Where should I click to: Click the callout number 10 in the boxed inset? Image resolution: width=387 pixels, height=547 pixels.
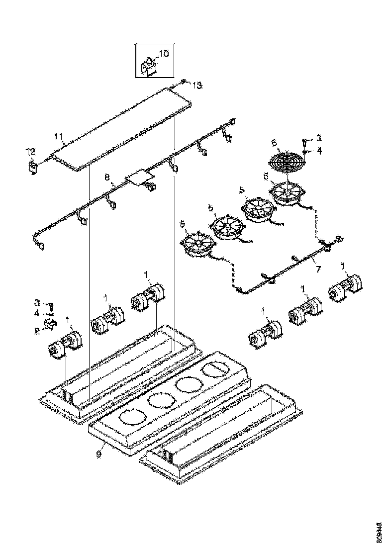click(x=164, y=53)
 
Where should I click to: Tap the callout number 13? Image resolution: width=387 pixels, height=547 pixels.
click(x=197, y=86)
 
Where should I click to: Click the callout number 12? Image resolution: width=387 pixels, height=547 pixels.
click(x=31, y=151)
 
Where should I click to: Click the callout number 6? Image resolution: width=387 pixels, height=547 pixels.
click(x=274, y=142)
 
